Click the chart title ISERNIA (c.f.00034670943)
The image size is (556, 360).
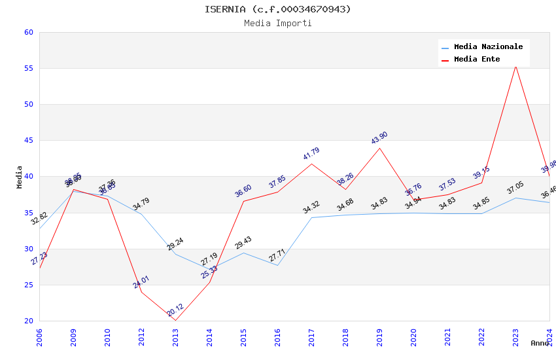pyautogui.click(x=278, y=9)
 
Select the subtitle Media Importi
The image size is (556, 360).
pyautogui.click(x=278, y=24)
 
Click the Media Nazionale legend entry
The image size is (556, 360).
pyautogui.click(x=488, y=47)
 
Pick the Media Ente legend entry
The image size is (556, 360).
pyautogui.click(x=477, y=60)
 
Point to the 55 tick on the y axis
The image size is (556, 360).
pyautogui.click(x=28, y=69)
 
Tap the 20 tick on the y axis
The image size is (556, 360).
pyautogui.click(x=28, y=321)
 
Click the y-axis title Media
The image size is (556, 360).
pyautogui.click(x=20, y=177)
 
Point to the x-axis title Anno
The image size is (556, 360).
pyautogui.click(x=540, y=343)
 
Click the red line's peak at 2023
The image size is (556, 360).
pyautogui.click(x=515, y=65)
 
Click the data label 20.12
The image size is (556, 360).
pyautogui.click(x=175, y=310)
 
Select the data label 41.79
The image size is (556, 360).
pyautogui.click(x=311, y=154)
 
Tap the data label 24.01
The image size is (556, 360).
pyautogui.click(x=141, y=282)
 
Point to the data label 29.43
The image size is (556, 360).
pyautogui.click(x=243, y=243)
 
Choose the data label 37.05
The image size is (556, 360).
pyautogui.click(x=515, y=189)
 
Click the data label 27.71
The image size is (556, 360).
pyautogui.click(x=277, y=255)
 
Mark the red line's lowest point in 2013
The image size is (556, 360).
pyautogui.click(x=175, y=320)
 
